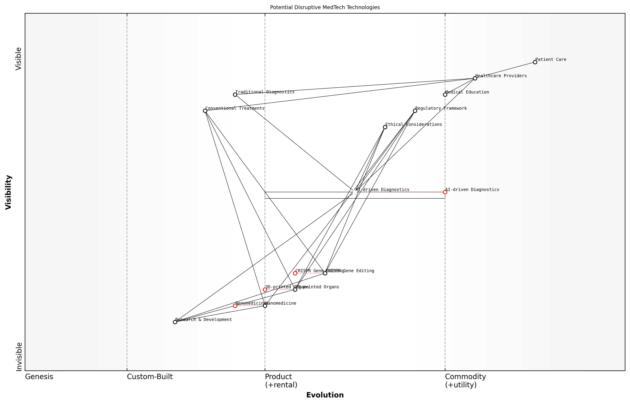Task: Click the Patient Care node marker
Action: point(535,62)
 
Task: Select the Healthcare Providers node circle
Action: point(475,78)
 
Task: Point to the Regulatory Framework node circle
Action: point(415,111)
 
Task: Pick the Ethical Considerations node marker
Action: point(385,127)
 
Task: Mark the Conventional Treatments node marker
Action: point(205,111)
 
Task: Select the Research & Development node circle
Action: point(175,322)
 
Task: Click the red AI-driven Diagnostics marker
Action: point(445,192)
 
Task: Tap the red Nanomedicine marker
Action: point(235,306)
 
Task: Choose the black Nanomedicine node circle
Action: point(265,306)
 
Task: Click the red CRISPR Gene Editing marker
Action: point(295,273)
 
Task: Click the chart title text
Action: point(325,7)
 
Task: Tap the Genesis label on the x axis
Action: point(39,377)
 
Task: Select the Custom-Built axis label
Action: point(150,377)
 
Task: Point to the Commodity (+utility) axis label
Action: point(465,381)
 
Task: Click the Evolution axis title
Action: point(325,395)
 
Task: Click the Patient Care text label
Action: point(551,59)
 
